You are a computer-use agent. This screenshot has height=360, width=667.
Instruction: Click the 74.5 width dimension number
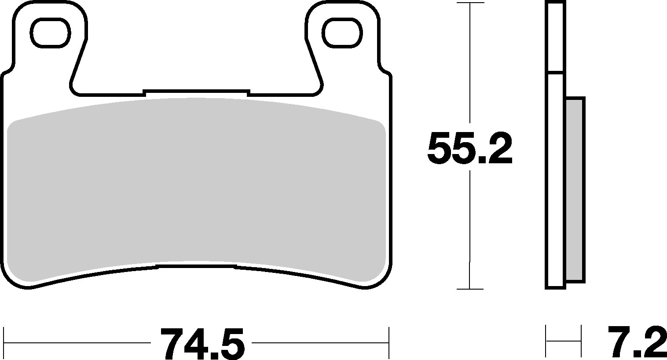point(202,344)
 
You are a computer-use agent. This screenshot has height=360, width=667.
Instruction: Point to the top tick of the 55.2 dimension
point(470,3)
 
